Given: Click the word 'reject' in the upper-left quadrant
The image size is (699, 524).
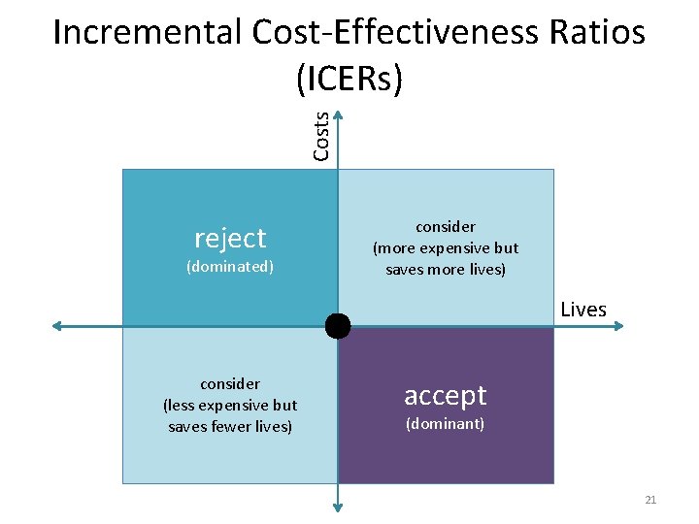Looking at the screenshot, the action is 230,238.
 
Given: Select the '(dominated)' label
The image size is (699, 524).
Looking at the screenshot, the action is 230,266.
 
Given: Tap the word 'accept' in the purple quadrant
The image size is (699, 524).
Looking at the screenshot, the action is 446,395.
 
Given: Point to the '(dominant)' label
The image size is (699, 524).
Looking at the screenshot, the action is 446,424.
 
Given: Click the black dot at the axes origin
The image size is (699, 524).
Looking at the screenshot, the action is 338,326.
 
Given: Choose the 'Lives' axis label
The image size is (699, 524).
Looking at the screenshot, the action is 583,310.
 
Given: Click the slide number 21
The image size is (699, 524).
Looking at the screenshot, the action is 650,500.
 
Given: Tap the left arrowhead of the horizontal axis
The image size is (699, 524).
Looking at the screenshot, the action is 58,326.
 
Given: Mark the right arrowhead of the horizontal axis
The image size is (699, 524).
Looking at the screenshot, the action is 618,326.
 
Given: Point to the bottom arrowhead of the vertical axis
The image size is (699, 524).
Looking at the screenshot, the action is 338,505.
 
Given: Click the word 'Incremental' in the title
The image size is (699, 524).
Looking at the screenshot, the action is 147,33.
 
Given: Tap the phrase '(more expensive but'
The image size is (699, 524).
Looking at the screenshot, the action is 446,247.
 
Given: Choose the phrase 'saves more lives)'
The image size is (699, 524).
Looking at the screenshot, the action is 446,269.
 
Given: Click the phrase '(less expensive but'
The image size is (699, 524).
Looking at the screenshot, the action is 230,405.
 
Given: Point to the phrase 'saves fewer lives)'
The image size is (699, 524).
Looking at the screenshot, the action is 230,426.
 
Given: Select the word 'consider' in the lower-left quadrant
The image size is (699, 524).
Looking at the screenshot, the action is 230,383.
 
